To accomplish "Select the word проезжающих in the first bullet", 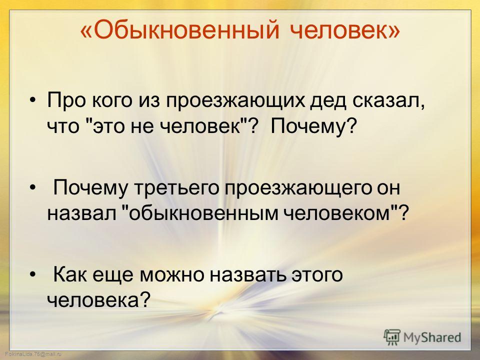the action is pyautogui.click(x=236, y=101).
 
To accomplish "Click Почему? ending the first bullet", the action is pyautogui.click(x=314, y=126).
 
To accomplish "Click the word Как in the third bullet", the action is pyautogui.click(x=71, y=274).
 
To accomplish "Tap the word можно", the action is pyautogui.click(x=172, y=275).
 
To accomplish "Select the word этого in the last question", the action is pyautogui.click(x=317, y=275).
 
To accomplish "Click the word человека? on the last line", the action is pyautogui.click(x=99, y=299).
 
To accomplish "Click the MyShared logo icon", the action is pyautogui.click(x=392, y=337).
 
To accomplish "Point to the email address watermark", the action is pyautogui.click(x=33, y=354).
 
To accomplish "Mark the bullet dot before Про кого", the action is pyautogui.click(x=33, y=101).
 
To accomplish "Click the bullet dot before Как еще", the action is pyautogui.click(x=33, y=274).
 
